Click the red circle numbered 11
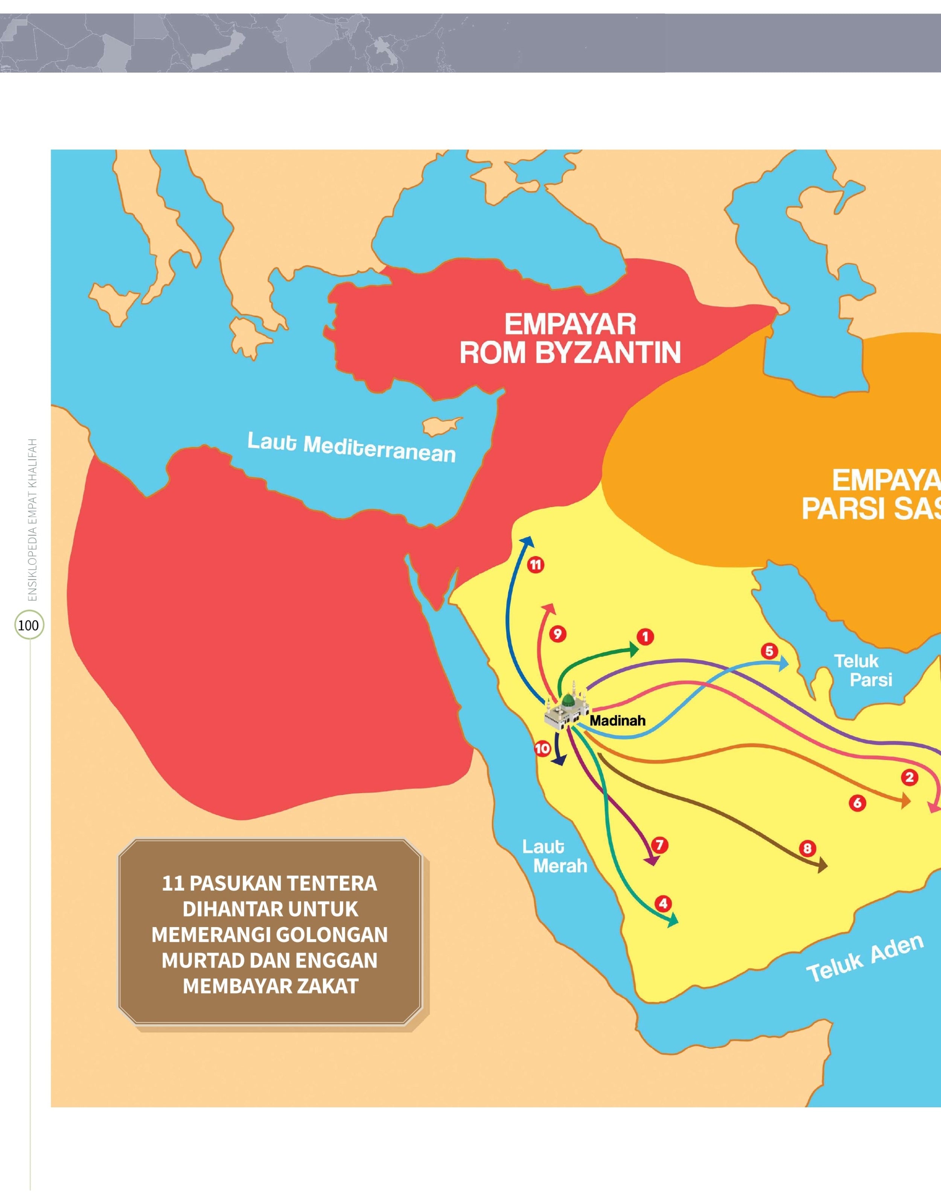[x=535, y=564]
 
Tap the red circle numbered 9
[x=558, y=634]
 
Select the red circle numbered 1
[x=645, y=637]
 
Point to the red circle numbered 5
[x=769, y=651]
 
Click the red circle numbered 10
[x=542, y=749]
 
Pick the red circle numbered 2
[x=909, y=778]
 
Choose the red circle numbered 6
[x=857, y=803]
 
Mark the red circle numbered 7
[x=659, y=845]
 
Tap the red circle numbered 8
[x=807, y=848]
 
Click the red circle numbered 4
[x=663, y=903]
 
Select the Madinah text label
[x=617, y=721]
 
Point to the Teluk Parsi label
[x=863, y=670]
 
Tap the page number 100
[x=28, y=625]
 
